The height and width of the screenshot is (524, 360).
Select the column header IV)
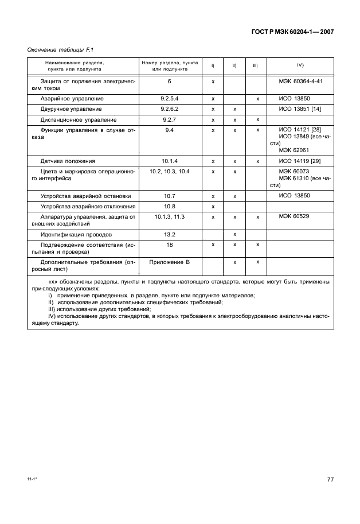pos(300,65)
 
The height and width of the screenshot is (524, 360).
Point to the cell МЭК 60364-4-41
pos(300,81)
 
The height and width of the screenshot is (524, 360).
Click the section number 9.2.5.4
pos(170,99)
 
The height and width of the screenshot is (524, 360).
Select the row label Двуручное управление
pos(71,109)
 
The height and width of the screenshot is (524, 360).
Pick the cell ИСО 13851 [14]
pos(300,109)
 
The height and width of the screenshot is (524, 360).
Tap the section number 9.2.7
pos(170,119)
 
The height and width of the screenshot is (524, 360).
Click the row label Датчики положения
pos(68,161)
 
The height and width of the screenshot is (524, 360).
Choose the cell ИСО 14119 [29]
pos(300,161)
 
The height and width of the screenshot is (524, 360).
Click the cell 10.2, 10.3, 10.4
pos(170,172)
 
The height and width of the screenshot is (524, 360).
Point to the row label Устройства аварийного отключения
pos(88,207)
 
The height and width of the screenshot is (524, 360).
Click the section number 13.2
pos(170,235)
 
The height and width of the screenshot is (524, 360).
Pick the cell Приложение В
pos(170,262)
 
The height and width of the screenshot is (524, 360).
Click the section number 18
pos(170,244)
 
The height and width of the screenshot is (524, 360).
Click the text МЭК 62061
pos(294,150)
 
